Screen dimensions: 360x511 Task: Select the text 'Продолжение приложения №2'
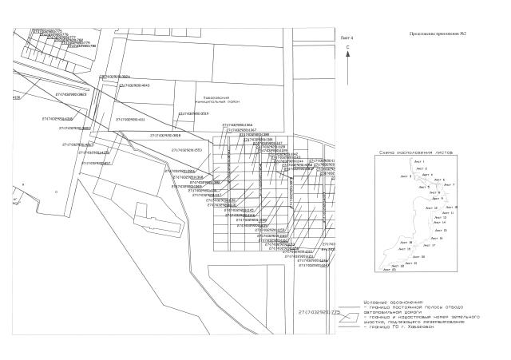click(x=438, y=34)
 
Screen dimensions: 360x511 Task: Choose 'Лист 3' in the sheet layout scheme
click(x=405, y=176)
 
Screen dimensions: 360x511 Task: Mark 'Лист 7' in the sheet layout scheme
click(x=449, y=185)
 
